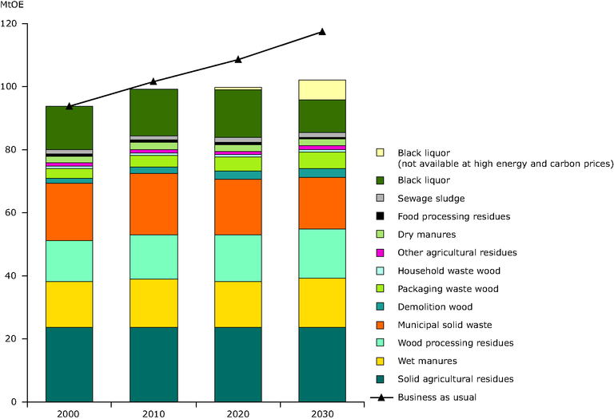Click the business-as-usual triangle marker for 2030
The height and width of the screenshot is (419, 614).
pos(322,31)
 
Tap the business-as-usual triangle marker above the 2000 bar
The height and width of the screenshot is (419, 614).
pos(70,105)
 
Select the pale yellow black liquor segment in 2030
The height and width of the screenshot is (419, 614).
pos(322,89)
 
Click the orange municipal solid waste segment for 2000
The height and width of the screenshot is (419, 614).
pos(70,211)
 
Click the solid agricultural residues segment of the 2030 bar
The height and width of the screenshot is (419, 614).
pos(322,370)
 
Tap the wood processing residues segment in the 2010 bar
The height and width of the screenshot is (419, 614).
pos(153,256)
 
